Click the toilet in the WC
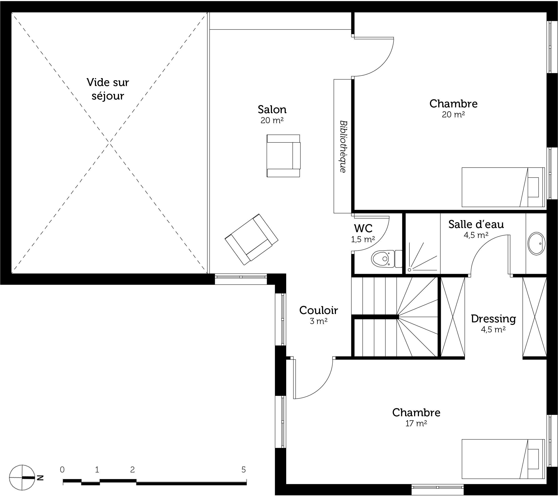387,258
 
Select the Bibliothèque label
343,146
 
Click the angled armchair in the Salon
251,239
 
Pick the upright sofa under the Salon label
283,156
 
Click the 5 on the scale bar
243,470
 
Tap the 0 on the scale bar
62,470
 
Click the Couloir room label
318,310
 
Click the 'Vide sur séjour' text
108,89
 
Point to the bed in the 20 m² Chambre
503,187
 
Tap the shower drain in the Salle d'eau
409,270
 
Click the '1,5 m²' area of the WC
363,239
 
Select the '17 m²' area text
416,424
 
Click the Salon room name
272,110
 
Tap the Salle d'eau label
476,224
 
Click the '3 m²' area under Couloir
319,321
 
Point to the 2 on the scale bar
133,470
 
